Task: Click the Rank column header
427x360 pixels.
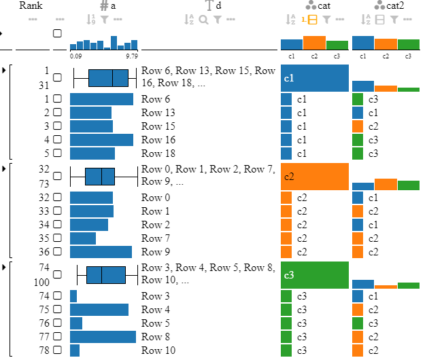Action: pyautogui.click(x=31, y=5)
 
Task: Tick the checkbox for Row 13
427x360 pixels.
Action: pyautogui.click(x=57, y=113)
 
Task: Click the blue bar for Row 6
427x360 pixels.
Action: pyautogui.click(x=101, y=99)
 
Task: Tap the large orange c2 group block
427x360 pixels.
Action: pyautogui.click(x=315, y=177)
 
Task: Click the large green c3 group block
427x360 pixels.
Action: pyautogui.click(x=315, y=275)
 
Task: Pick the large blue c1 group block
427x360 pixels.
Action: pyautogui.click(x=315, y=78)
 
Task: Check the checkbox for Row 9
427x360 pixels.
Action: pyautogui.click(x=57, y=252)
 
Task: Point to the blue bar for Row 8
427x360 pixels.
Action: pyautogui.click(x=103, y=337)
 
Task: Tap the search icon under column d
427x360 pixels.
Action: pyautogui.click(x=203, y=20)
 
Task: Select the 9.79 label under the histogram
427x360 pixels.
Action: pyautogui.click(x=132, y=56)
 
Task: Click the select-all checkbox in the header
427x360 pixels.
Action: pyautogui.click(x=57, y=33)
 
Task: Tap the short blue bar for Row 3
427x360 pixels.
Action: pyautogui.click(x=73, y=296)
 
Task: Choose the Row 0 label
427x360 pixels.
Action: pyautogui.click(x=156, y=198)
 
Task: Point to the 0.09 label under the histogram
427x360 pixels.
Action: pyautogui.click(x=76, y=56)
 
